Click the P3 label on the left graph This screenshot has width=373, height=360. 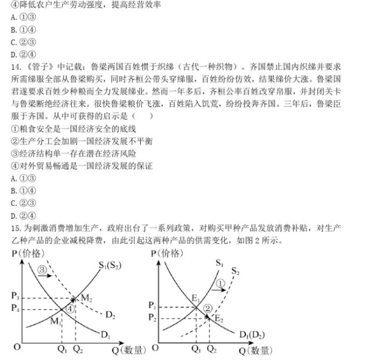[x=15, y=297]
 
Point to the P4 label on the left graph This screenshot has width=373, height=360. [x=15, y=309]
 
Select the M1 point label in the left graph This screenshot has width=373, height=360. [x=57, y=322]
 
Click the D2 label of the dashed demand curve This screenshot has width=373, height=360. [x=110, y=314]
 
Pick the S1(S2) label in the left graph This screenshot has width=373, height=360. [x=110, y=265]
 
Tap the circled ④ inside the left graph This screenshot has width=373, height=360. [x=70, y=308]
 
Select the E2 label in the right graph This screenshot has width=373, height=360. [x=219, y=319]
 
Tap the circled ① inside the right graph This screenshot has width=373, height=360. [x=219, y=283]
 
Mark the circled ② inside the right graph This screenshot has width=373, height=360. [x=208, y=308]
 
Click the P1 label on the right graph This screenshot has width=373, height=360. [x=154, y=306]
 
